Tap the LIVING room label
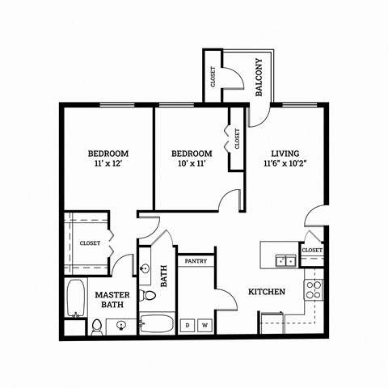(x=285, y=153)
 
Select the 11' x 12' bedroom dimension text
(x=108, y=164)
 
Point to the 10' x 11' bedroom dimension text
(x=192, y=164)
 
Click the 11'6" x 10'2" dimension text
(x=285, y=164)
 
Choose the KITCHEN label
(x=266, y=291)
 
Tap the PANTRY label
(x=196, y=261)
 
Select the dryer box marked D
(x=188, y=325)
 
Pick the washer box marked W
(x=205, y=325)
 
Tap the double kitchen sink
(x=284, y=260)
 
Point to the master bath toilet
(x=97, y=326)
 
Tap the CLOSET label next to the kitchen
(x=312, y=251)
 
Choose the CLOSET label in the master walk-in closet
(x=90, y=242)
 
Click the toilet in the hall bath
(x=145, y=294)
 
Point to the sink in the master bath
(x=121, y=326)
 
